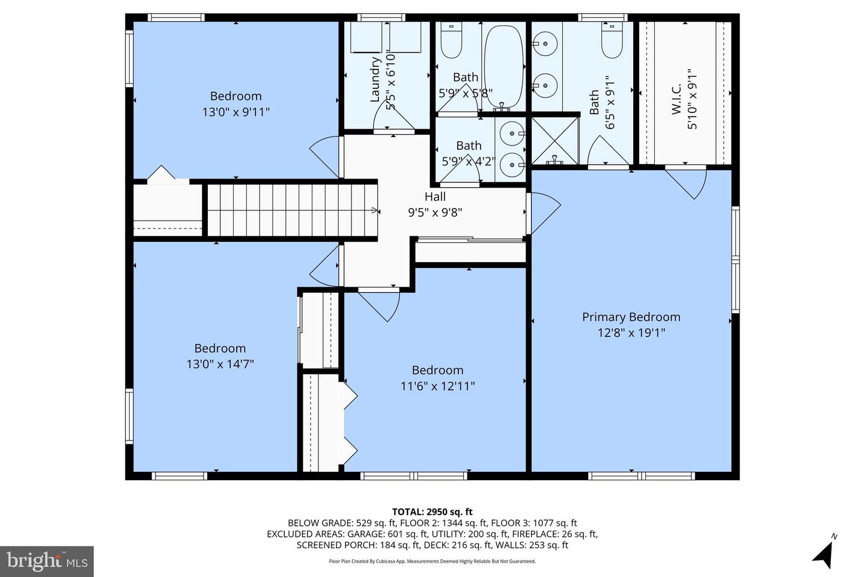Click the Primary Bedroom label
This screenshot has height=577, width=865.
coord(631,317)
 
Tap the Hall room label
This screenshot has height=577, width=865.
coord(435,197)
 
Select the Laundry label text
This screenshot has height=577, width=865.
coord(375,79)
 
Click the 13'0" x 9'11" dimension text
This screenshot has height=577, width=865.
coord(236,112)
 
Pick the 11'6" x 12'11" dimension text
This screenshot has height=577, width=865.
coord(437,386)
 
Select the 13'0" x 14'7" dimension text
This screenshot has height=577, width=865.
coord(220,364)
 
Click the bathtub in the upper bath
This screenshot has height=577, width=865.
coord(503,67)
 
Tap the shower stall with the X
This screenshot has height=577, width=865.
coord(555,141)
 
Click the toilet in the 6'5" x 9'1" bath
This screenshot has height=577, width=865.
coord(612,40)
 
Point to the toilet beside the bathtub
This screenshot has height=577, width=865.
coord(452,40)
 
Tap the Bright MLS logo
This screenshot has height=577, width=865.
coord(47,561)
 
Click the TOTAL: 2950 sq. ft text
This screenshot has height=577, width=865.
coord(432,511)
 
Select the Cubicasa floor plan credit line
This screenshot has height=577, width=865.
coord(432,561)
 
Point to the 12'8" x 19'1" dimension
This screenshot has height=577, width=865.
coord(631,333)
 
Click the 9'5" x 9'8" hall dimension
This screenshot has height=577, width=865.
coord(435,213)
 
